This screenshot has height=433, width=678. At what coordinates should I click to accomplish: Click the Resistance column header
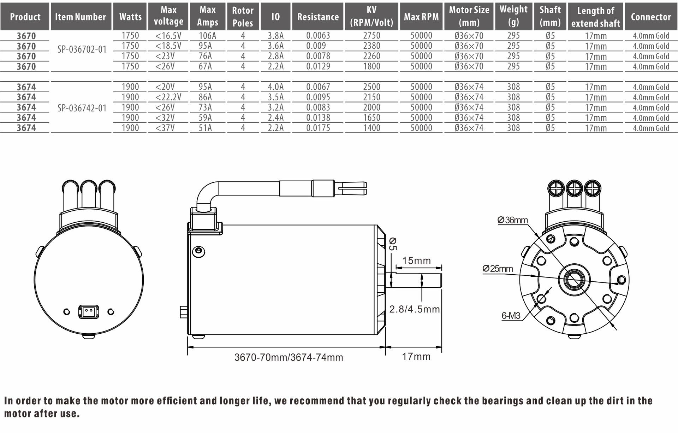[x=318, y=17]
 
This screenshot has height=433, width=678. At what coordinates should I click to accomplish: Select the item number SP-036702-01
[x=82, y=49]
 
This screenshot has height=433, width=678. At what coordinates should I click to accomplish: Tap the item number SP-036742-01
[x=82, y=108]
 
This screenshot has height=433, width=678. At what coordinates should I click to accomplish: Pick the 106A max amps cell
[x=207, y=36]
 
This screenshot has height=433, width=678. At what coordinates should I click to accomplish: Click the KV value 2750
[x=371, y=36]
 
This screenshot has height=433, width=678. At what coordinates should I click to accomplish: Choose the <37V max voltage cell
[x=165, y=128]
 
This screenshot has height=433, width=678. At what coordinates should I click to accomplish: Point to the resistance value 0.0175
[x=318, y=128]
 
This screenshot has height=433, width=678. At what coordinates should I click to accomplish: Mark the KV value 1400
[x=371, y=128]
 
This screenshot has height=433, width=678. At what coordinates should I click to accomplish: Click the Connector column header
[x=650, y=17]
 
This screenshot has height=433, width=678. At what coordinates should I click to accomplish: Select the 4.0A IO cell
[x=275, y=87]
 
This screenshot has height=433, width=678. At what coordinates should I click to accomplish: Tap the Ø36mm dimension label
[x=512, y=220]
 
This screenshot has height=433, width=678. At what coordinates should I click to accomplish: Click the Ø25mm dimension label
[x=498, y=269]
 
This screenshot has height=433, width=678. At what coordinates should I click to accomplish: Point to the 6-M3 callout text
[x=511, y=316]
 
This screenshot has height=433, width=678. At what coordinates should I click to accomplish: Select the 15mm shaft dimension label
[x=416, y=261]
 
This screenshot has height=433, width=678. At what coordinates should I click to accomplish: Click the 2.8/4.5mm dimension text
[x=414, y=309]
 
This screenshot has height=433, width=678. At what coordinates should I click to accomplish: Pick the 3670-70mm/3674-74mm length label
[x=289, y=357]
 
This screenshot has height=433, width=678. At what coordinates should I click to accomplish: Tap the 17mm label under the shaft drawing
[x=416, y=356]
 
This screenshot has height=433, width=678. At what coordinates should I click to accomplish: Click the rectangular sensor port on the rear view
[x=89, y=312]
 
